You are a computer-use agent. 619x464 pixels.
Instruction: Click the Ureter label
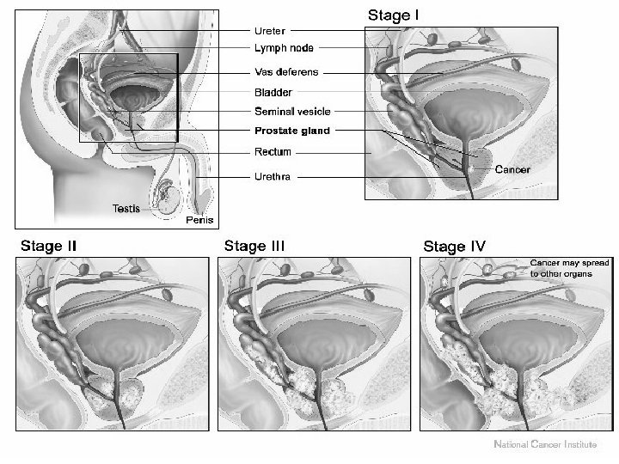[270, 30]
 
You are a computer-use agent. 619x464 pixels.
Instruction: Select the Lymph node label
[283, 49]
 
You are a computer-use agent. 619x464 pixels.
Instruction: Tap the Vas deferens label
[286, 72]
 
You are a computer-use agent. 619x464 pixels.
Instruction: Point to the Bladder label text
[273, 92]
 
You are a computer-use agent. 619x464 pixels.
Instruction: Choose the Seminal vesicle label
[292, 112]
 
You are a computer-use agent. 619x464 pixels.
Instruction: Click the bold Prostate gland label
[291, 131]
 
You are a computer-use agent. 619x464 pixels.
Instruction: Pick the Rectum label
[273, 152]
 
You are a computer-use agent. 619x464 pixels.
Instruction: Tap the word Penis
[199, 220]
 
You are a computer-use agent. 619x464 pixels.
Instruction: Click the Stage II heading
[48, 247]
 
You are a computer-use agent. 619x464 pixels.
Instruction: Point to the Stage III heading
[255, 247]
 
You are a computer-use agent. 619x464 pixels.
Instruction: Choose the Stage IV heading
[455, 247]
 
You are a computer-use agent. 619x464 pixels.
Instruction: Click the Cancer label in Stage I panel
[512, 170]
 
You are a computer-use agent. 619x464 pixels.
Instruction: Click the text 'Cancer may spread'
[560, 261]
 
